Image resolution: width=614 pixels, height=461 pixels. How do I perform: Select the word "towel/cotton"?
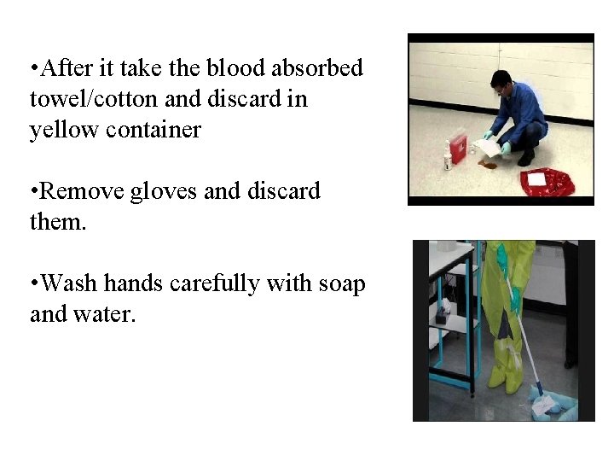click(x=93, y=99)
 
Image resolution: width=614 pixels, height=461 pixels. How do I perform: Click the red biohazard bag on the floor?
click(x=546, y=182)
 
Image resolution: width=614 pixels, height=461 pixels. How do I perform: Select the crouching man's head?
click(x=501, y=84)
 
